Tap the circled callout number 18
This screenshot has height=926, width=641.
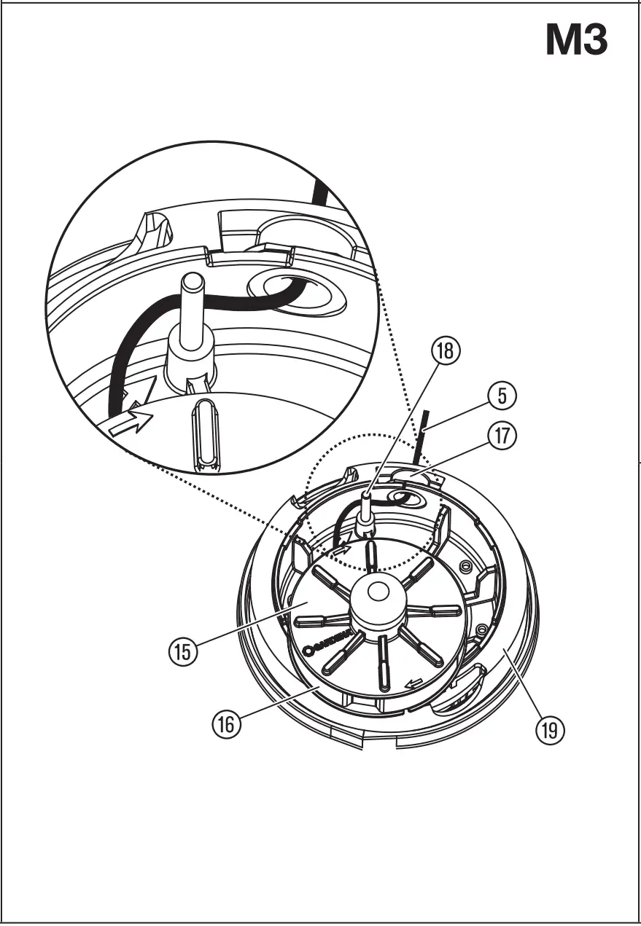(445, 350)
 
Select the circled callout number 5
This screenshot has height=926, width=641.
(502, 396)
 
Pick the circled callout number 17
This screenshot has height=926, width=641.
(502, 436)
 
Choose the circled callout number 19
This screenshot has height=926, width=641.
(549, 729)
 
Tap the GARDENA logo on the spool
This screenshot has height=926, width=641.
(332, 643)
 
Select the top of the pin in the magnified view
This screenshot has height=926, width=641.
(192, 281)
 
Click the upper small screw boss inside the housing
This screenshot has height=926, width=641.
(465, 566)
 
